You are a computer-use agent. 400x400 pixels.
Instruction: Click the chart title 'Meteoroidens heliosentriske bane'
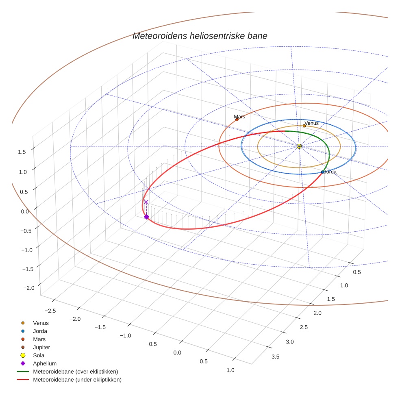tap(200, 36)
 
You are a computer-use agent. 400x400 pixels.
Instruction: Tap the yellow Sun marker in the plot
tap(299, 146)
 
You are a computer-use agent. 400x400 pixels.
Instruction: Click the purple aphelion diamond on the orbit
tap(146, 217)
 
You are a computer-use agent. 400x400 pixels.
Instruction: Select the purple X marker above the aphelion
tap(146, 202)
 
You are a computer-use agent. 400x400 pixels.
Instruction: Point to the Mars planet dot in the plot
tap(237, 120)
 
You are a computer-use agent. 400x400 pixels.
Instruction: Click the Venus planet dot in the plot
tap(304, 126)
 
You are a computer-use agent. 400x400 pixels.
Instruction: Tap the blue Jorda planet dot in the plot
tap(322, 172)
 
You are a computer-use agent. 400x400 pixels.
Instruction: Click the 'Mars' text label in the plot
tap(239, 117)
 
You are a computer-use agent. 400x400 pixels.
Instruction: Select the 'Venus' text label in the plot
tap(311, 123)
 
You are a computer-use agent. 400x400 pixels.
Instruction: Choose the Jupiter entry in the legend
tap(41, 347)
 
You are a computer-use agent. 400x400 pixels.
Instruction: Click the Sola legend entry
tap(39, 355)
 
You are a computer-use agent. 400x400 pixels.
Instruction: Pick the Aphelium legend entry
tap(44, 363)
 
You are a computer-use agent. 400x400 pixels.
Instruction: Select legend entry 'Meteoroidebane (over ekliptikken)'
tap(75, 372)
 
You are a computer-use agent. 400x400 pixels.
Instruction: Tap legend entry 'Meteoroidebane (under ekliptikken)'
tap(77, 380)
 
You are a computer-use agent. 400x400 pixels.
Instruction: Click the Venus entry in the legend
tap(41, 323)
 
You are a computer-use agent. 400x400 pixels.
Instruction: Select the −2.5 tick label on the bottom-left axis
tap(50, 310)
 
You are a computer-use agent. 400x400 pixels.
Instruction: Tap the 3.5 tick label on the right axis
tap(275, 357)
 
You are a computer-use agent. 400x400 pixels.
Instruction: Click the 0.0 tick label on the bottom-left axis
tap(177, 352)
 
